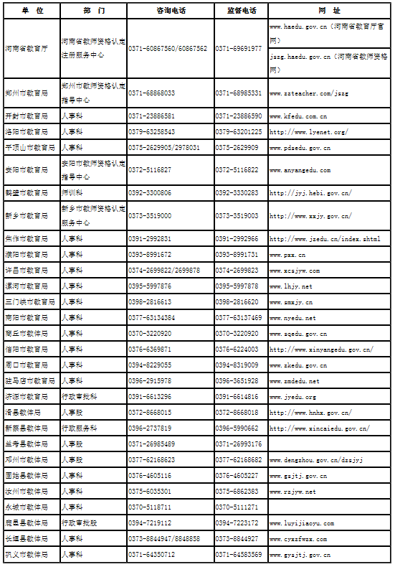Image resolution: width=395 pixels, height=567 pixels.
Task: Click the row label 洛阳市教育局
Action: (x=27, y=132)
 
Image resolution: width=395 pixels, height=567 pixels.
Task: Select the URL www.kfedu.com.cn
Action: (x=298, y=116)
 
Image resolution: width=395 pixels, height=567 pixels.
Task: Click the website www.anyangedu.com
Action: (x=300, y=170)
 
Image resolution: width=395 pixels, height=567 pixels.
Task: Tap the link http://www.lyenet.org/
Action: (x=308, y=132)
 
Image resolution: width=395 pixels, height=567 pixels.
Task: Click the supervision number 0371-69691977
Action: (x=239, y=48)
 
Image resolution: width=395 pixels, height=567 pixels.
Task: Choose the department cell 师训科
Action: (x=72, y=193)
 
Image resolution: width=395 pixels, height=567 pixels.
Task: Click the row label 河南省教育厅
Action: (x=27, y=48)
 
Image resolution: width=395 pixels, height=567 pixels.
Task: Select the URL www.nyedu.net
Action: (x=292, y=318)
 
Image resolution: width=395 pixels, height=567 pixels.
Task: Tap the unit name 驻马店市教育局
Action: (x=29, y=381)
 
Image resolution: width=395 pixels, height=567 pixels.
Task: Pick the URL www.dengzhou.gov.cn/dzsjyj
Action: (x=310, y=460)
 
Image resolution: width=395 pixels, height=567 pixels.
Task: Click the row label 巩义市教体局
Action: (x=27, y=555)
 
